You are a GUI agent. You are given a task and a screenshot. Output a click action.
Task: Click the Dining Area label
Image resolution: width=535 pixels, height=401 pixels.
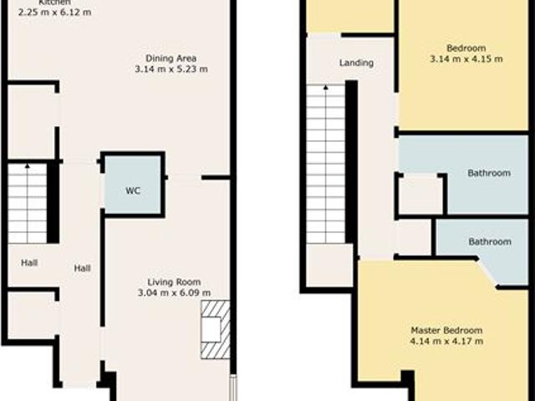(171, 58)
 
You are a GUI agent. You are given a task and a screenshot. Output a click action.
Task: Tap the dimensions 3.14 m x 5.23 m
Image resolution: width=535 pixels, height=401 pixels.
(171, 69)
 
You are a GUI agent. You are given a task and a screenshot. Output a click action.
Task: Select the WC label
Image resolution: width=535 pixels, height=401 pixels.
(132, 190)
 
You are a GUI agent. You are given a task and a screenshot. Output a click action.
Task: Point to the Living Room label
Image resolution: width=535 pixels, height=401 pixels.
(174, 282)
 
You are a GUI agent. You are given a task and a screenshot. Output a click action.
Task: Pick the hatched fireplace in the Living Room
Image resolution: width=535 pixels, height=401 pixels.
(212, 330)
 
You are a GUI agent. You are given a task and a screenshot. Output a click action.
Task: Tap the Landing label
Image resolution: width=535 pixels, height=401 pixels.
(356, 63)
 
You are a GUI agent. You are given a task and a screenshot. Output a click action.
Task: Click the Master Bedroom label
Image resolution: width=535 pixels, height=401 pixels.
(446, 329)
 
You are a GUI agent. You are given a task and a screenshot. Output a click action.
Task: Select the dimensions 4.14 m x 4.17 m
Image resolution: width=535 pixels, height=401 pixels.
(446, 341)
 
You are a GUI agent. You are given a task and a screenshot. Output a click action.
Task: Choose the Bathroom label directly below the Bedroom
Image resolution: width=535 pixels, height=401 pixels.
(489, 173)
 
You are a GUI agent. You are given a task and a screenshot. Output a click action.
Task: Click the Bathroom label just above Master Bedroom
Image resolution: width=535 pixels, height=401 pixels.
(489, 241)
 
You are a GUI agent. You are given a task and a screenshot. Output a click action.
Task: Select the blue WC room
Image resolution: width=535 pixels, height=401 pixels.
(133, 184)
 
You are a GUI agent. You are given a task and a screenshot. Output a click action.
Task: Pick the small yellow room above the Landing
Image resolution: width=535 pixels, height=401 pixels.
(350, 16)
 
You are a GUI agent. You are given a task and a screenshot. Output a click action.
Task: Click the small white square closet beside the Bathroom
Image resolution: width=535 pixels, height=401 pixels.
(420, 195)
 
